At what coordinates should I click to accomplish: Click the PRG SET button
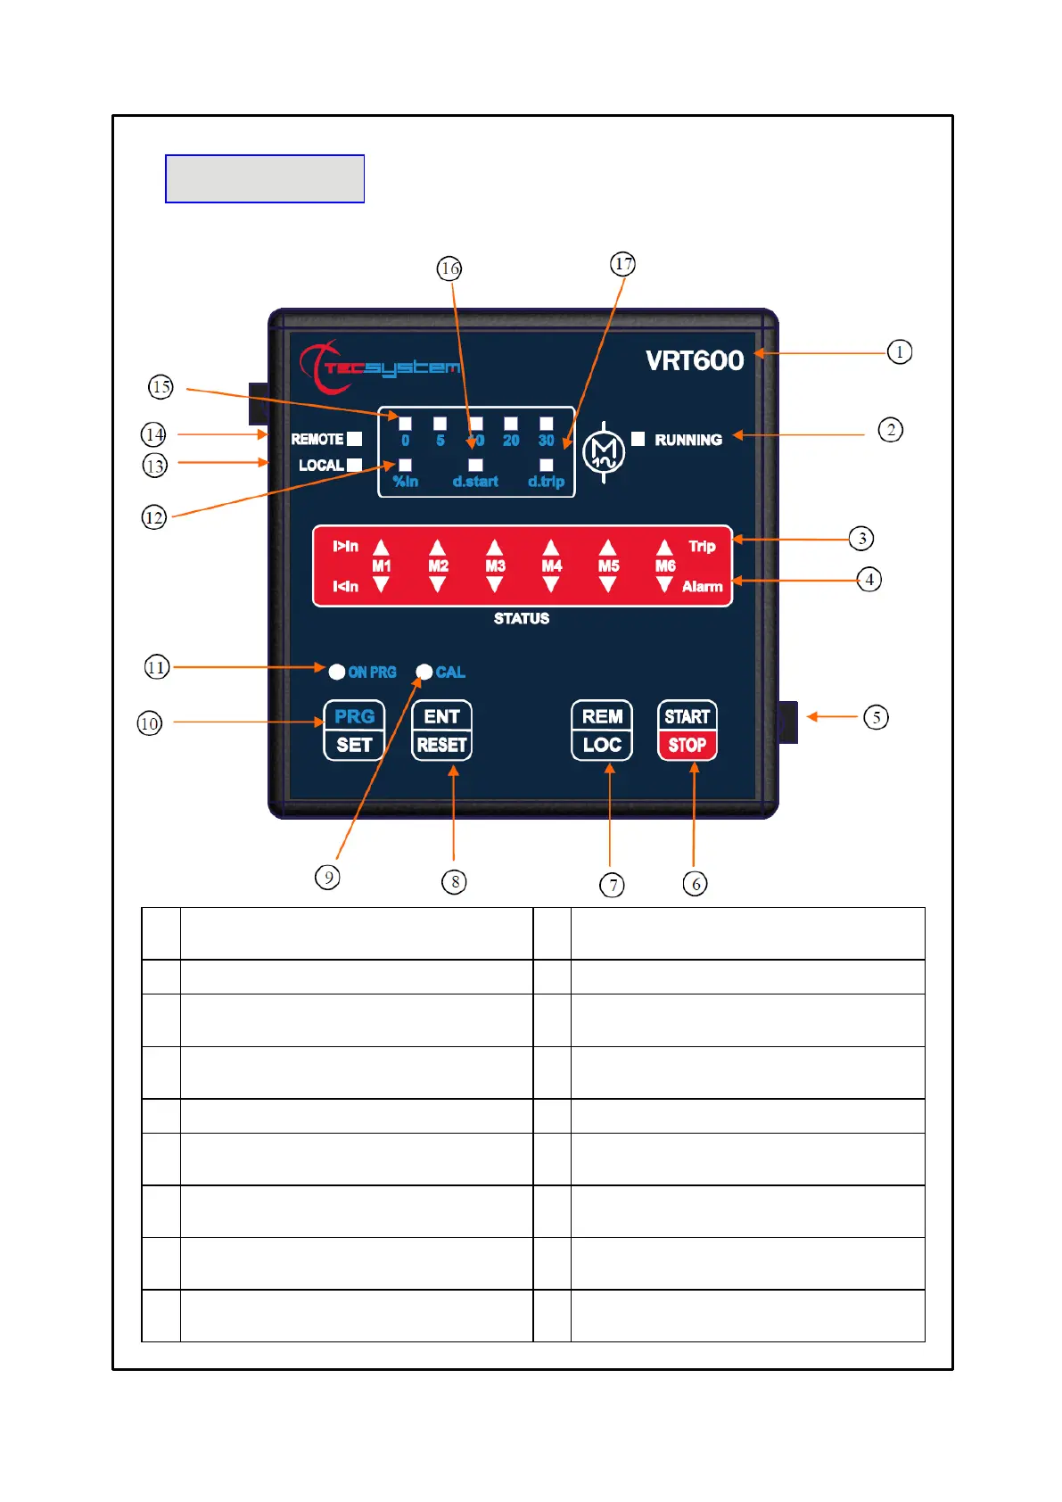point(354,730)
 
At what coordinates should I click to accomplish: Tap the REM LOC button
point(602,730)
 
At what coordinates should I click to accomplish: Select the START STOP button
point(687,730)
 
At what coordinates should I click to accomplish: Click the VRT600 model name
point(695,360)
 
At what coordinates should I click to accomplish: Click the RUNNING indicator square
point(638,439)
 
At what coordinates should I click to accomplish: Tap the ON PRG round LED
point(337,672)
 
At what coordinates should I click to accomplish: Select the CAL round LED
point(424,672)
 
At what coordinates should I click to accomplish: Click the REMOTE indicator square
point(355,439)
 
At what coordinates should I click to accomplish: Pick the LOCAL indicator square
point(355,465)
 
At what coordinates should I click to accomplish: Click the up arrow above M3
point(495,548)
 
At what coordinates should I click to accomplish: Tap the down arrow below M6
point(664,585)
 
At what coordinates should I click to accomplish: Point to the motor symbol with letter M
point(604,452)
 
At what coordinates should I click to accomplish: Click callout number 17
point(622,264)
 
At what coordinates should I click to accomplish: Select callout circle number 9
point(328,877)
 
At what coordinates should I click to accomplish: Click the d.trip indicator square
point(547,465)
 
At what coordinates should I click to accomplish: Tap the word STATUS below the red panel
point(522,618)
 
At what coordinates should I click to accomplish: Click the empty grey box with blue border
point(265,178)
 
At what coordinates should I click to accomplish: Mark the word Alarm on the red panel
point(702,586)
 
